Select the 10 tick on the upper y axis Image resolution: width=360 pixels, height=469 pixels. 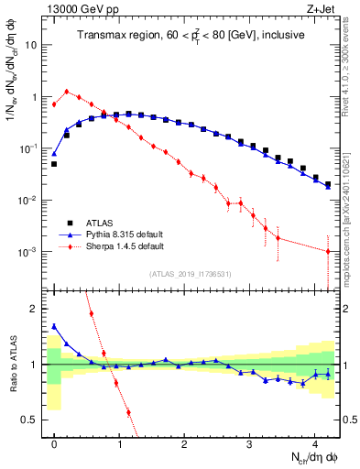coord(31,45)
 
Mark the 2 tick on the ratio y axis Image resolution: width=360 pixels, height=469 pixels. coord(31,309)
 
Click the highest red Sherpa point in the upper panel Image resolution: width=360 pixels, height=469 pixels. coord(66,92)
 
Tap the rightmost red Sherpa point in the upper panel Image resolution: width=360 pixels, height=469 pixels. coord(328,251)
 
